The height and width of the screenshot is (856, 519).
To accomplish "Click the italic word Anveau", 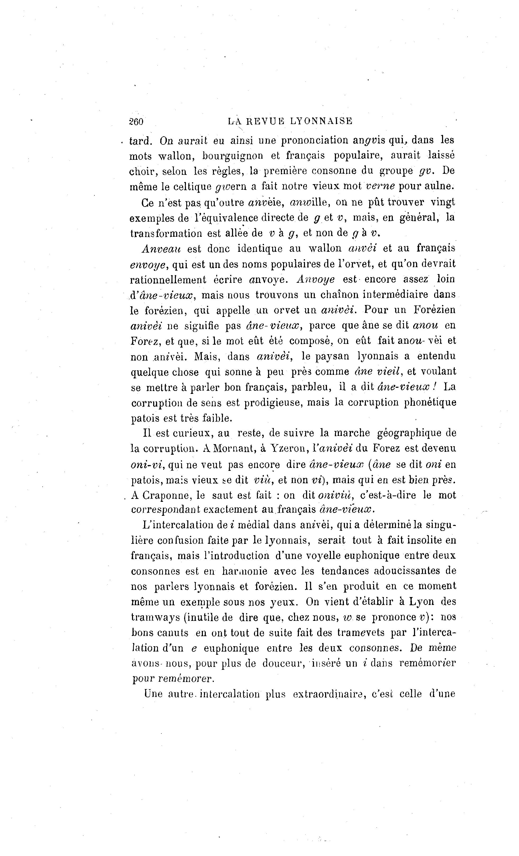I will [161, 249].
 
